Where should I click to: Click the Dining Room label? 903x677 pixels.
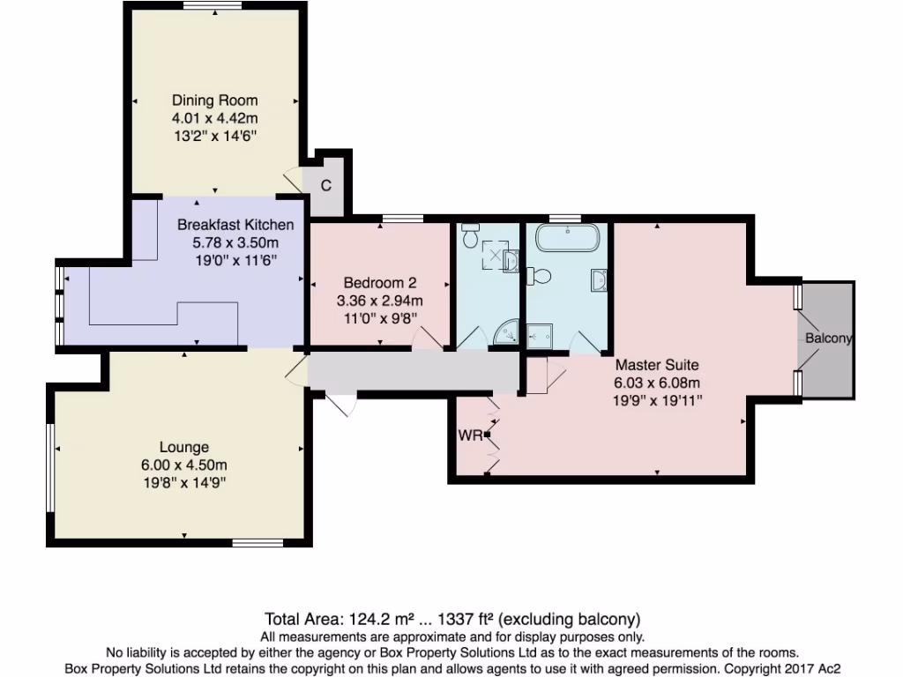point(214,100)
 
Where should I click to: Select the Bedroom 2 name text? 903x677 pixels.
point(379,283)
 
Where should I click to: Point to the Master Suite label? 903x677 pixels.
point(657,364)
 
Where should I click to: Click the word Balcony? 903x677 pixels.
point(828,338)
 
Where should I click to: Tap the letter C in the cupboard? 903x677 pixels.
point(325,186)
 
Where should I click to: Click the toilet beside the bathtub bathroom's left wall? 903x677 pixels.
point(540,277)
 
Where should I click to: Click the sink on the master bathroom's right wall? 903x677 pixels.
point(600,280)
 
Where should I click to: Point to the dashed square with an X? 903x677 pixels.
point(496,257)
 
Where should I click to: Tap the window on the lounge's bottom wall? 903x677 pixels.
point(257,543)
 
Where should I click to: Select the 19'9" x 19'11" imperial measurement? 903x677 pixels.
point(657,400)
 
